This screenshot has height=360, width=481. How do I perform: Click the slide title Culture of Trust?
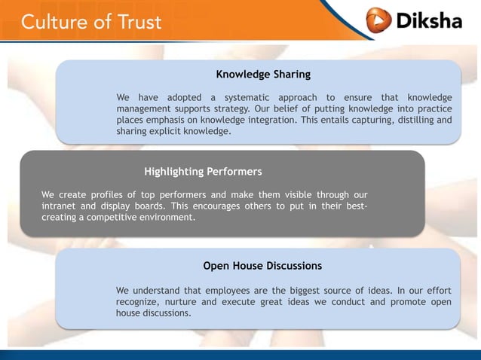pos(91,21)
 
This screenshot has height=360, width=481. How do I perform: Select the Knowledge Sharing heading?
pos(263,75)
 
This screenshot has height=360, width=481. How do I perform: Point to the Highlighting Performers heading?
pos(203,172)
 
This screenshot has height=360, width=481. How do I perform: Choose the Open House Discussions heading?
pos(262,266)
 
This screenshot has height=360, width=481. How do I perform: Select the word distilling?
pos(412,120)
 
